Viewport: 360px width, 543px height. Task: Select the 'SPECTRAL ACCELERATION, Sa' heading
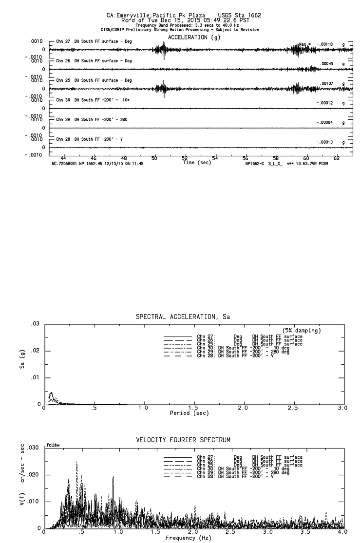coord(183,317)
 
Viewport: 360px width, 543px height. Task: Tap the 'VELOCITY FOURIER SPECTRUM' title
coord(183,440)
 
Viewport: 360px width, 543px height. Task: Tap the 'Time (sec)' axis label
coord(197,163)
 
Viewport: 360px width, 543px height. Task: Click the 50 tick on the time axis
coord(155,159)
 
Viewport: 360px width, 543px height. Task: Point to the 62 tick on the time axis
coord(337,159)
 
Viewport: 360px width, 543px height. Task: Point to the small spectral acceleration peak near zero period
coord(51,393)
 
